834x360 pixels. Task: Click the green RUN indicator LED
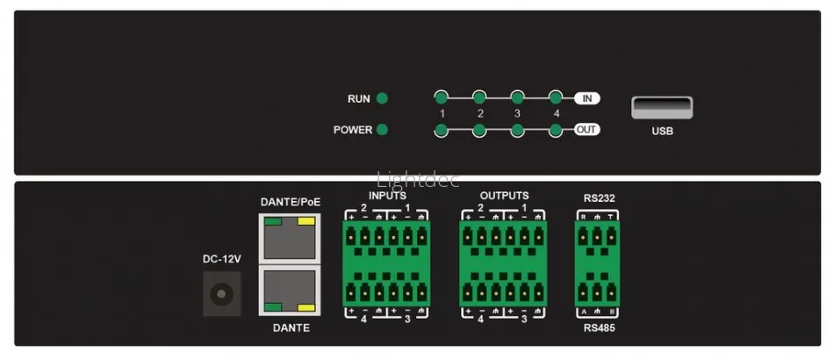[x=382, y=99]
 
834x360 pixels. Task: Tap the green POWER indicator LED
[x=382, y=130]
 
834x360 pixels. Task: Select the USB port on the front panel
[x=661, y=108]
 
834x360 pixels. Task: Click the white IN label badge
[x=586, y=98]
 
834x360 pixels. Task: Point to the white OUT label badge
[x=586, y=130]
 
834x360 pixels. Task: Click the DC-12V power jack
[x=221, y=293]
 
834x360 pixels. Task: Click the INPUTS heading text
[x=387, y=196]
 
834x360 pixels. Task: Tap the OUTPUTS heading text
[x=504, y=195]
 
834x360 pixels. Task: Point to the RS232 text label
[x=599, y=198]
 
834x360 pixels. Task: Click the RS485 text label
[x=599, y=328]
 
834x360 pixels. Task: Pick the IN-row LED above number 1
[x=442, y=98]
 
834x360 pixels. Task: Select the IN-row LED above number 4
[x=555, y=98]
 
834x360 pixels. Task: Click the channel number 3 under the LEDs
[x=517, y=114]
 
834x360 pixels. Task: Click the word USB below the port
[x=661, y=132]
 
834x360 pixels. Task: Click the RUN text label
[x=358, y=99]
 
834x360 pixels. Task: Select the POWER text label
[x=352, y=130]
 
